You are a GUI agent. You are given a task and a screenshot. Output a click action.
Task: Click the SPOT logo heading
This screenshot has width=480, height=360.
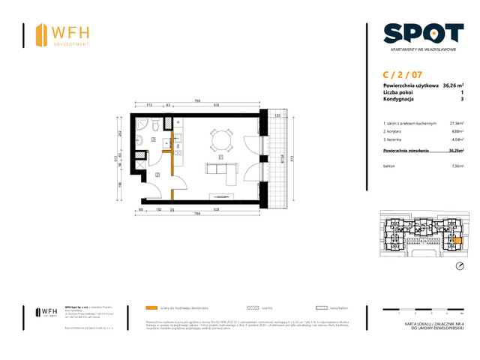coord(422,33)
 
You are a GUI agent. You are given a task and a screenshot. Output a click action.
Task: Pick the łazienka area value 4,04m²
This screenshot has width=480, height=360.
coord(457,140)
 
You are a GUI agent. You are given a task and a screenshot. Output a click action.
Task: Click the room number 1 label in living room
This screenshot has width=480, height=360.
coord(220,158)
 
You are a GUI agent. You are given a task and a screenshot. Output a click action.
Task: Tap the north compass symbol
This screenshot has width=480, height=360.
coord(460,267)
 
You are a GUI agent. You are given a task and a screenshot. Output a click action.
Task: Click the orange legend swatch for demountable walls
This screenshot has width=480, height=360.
coord(153,307)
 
